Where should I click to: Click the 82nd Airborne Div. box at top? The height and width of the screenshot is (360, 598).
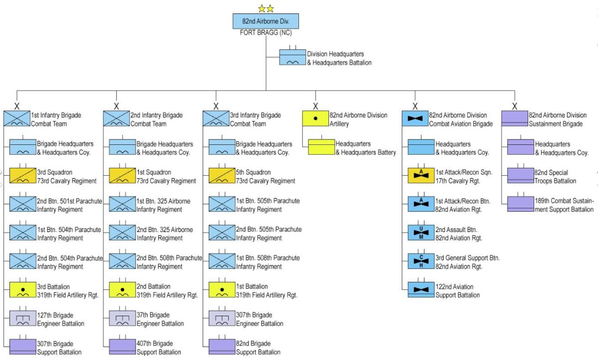tap(266, 21)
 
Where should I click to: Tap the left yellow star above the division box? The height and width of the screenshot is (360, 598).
tap(262, 8)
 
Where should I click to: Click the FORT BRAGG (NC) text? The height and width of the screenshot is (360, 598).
tap(266, 33)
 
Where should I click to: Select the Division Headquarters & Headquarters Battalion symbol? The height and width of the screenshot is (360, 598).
tap(292, 57)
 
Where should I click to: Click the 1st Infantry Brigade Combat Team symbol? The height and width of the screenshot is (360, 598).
tap(17, 119)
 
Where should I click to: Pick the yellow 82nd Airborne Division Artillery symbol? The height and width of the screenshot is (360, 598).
tap(315, 119)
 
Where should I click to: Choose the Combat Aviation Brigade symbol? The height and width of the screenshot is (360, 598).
tap(415, 119)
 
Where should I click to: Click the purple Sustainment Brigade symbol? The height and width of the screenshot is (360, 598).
tap(515, 119)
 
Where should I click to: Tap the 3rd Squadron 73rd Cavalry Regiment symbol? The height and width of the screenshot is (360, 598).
tap(23, 176)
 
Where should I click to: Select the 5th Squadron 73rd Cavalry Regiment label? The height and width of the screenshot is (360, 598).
tap(266, 176)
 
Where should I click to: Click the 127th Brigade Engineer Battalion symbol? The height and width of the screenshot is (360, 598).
tap(23, 318)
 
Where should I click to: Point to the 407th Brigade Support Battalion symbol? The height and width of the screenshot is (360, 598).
tap(123, 347)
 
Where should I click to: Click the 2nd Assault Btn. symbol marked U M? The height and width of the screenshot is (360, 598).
tap(421, 233)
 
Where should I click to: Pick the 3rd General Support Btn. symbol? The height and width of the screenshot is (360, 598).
tap(421, 261)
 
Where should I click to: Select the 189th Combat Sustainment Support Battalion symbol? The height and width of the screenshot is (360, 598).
tap(521, 204)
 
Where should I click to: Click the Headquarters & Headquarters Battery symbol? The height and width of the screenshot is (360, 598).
tap(321, 147)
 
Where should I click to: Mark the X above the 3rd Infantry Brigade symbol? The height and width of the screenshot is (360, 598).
tap(216, 106)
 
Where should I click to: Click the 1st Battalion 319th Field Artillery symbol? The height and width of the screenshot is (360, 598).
tap(222, 290)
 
